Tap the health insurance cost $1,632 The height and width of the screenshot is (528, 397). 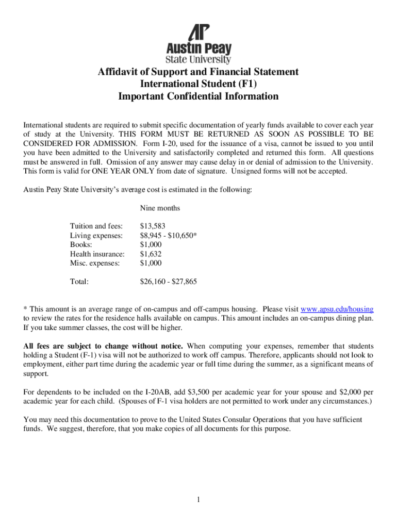click(151, 254)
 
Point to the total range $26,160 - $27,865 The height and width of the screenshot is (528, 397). click(168, 282)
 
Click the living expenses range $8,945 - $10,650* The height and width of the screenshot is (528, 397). click(169, 235)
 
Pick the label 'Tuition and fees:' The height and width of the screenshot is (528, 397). click(96, 226)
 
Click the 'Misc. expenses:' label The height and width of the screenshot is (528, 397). click(94, 263)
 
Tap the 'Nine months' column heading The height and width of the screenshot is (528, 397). click(160, 208)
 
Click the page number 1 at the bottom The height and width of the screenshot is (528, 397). click(198, 499)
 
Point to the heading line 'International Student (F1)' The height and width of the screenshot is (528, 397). click(198, 84)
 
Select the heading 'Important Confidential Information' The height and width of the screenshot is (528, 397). click(198, 96)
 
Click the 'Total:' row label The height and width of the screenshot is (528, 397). click(79, 282)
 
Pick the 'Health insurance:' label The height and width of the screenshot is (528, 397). click(97, 254)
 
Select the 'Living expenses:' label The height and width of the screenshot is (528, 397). click(96, 235)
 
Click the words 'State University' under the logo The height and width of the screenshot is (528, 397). click(198, 59)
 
